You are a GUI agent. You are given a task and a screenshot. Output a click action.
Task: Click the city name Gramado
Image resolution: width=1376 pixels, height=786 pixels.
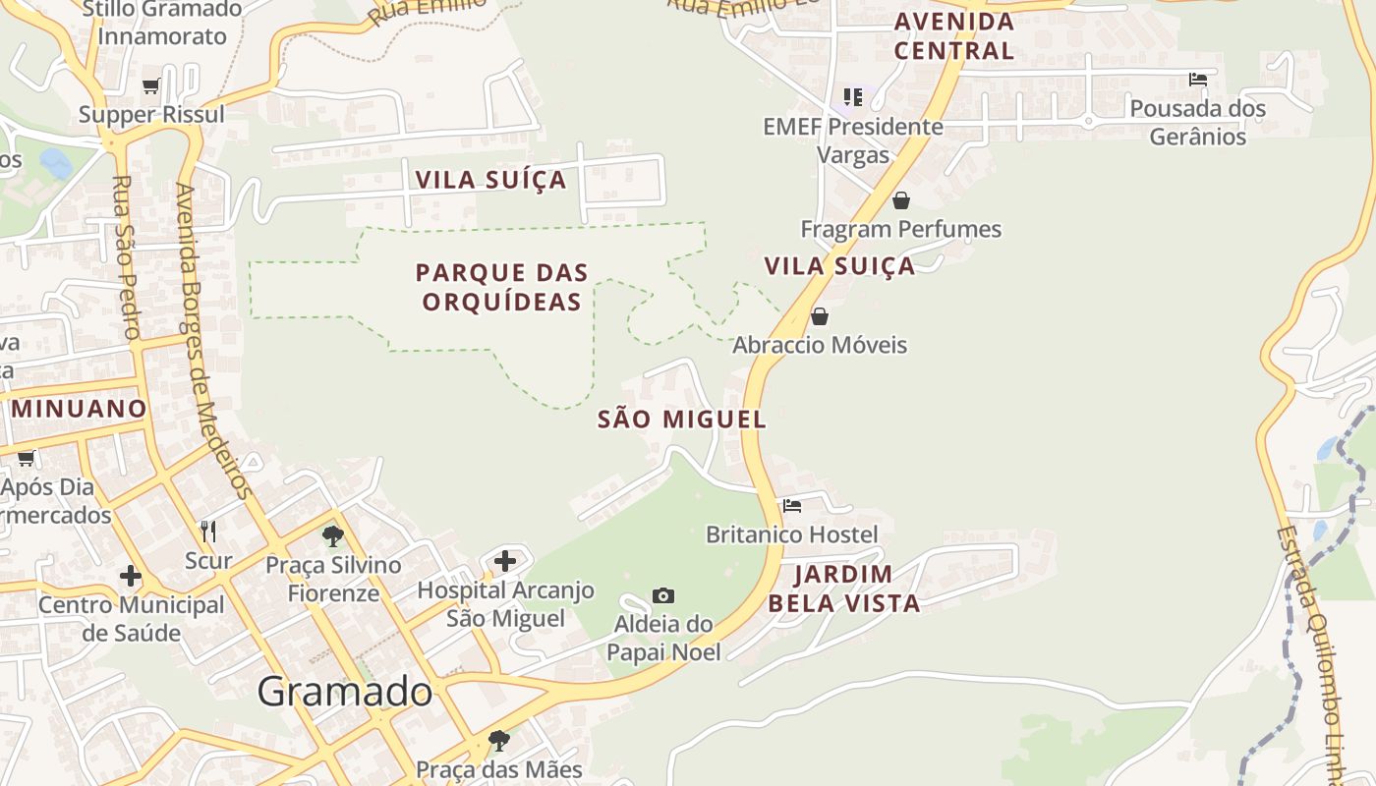point(344,692)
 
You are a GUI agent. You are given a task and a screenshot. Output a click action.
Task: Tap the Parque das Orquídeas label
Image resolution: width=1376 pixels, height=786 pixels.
point(501,287)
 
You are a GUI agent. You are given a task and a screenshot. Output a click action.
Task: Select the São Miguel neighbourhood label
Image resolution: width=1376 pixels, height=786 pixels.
point(681,420)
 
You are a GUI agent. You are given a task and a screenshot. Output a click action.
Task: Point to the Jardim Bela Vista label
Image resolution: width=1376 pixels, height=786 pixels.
point(843,589)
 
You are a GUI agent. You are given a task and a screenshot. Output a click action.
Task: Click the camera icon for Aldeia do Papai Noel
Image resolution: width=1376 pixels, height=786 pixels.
point(663,595)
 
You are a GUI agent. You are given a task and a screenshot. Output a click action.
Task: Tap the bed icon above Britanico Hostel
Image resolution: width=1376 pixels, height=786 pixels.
point(792,506)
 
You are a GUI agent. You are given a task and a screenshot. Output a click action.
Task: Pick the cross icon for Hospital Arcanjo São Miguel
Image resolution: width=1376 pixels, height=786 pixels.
point(505,561)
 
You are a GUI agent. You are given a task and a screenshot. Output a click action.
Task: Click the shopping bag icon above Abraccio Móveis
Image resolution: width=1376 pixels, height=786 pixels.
point(820,316)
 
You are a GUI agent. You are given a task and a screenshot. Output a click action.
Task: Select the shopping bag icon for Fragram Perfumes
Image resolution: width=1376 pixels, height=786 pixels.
point(900,200)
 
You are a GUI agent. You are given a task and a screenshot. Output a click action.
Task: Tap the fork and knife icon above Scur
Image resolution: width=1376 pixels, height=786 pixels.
point(208,532)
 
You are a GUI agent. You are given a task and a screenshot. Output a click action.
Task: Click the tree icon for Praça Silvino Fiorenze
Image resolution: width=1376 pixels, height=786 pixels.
point(333,536)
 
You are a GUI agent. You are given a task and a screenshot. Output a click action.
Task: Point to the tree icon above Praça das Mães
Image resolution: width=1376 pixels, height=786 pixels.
point(499,740)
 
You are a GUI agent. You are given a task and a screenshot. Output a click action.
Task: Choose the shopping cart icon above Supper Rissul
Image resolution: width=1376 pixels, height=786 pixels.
point(151,86)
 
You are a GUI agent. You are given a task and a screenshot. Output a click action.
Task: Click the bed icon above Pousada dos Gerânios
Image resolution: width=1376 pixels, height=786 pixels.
point(1197,80)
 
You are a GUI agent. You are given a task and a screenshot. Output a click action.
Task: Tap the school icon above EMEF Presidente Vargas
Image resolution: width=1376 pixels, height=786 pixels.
point(853,97)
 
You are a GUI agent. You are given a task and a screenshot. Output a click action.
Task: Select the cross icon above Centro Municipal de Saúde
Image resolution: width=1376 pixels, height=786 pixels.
point(131,576)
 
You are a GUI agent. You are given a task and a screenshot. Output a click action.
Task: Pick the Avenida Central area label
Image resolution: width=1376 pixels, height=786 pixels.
point(953,36)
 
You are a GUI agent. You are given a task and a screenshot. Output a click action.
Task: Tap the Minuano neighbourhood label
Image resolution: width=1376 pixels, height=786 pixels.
point(79,409)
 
